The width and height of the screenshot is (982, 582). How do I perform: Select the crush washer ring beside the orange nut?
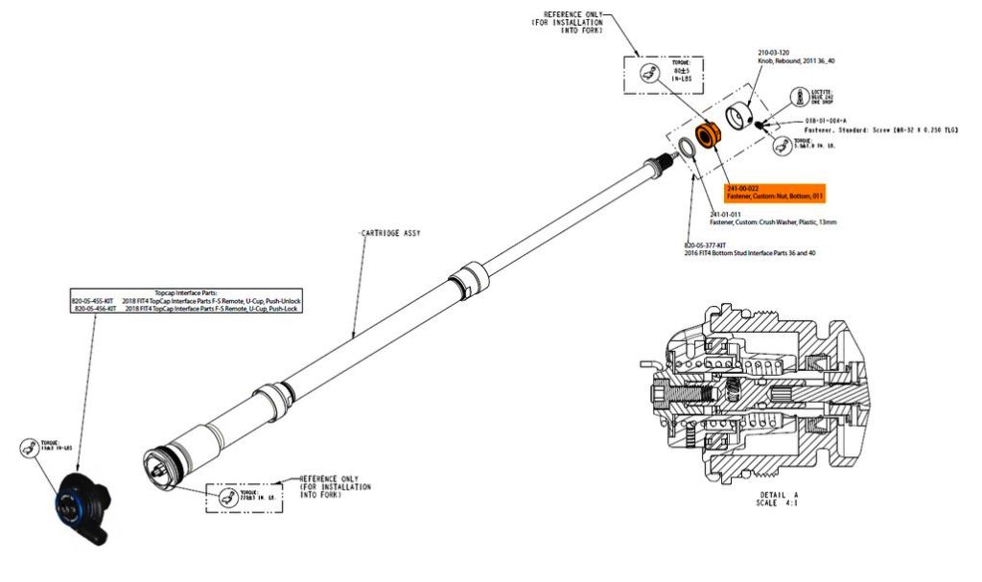[x=687, y=149]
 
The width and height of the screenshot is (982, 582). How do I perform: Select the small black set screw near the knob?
[x=759, y=123]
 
